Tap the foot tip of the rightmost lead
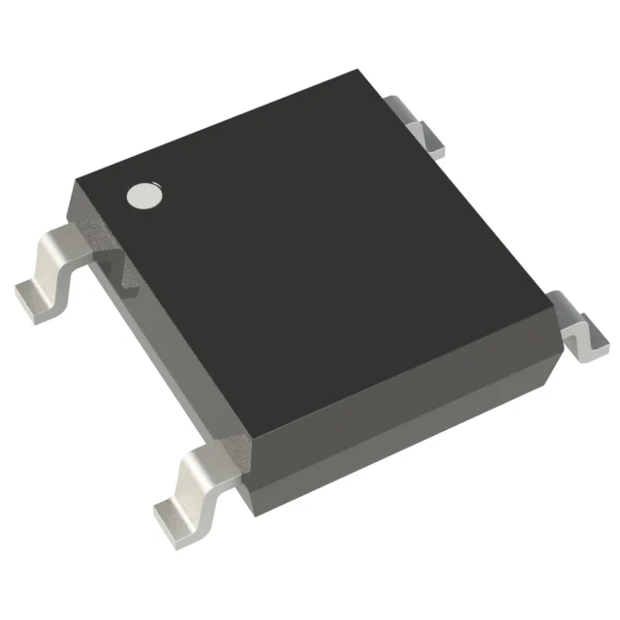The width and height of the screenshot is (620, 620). pyautogui.click(x=589, y=351)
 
